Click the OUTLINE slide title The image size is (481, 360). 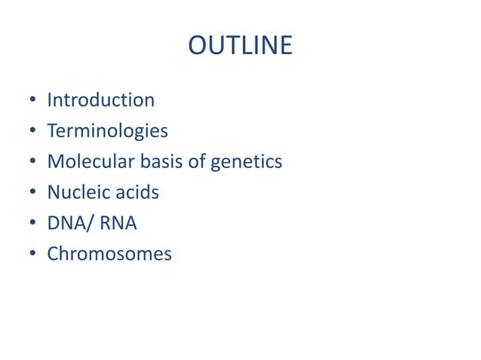(x=240, y=46)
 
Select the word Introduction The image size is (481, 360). (x=100, y=99)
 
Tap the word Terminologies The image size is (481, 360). (x=107, y=130)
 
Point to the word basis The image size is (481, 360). (x=151, y=161)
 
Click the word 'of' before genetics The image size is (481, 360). (x=194, y=161)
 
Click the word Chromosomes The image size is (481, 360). (x=109, y=254)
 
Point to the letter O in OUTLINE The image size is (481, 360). (x=197, y=46)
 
